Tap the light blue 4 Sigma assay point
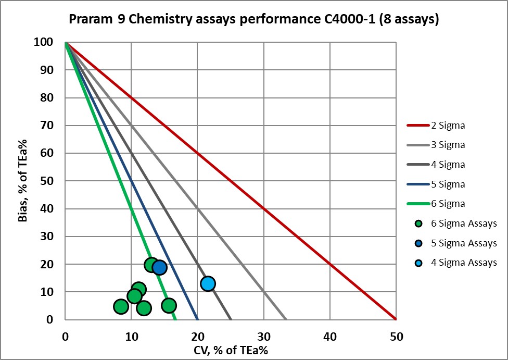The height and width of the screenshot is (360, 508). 208,283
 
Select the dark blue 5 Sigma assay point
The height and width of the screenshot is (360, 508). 159,267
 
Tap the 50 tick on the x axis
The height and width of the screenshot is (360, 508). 396,337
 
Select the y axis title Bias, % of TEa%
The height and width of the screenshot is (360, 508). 23,181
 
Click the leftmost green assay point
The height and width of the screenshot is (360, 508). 121,306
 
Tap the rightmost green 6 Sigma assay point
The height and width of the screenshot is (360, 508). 169,305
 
